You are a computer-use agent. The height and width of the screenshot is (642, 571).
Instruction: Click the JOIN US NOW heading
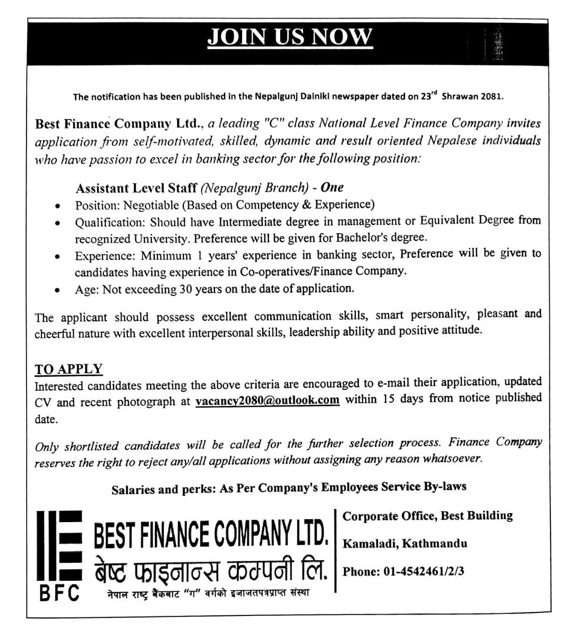[x=290, y=37]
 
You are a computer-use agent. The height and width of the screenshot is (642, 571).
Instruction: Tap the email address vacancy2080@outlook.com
[x=267, y=401]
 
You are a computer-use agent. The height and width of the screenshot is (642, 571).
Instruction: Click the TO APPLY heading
[x=69, y=369]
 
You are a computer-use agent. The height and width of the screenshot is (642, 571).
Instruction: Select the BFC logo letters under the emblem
[x=60, y=593]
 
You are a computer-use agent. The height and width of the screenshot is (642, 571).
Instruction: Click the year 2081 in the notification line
[x=491, y=96]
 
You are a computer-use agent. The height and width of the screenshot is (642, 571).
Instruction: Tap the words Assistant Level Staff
[x=136, y=188]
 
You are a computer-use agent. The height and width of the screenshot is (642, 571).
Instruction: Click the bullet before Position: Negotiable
[x=59, y=206]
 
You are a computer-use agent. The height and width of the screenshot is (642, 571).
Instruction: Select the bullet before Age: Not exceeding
[x=59, y=290]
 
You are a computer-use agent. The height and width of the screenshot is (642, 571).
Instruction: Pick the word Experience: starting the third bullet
[x=105, y=256]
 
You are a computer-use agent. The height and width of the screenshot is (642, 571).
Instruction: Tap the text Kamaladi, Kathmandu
[x=405, y=543]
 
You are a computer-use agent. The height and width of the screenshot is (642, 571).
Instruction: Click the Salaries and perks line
[x=289, y=488]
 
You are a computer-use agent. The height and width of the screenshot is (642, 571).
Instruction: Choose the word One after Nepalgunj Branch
[x=332, y=188]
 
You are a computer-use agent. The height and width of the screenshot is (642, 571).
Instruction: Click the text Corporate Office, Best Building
[x=428, y=516]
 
